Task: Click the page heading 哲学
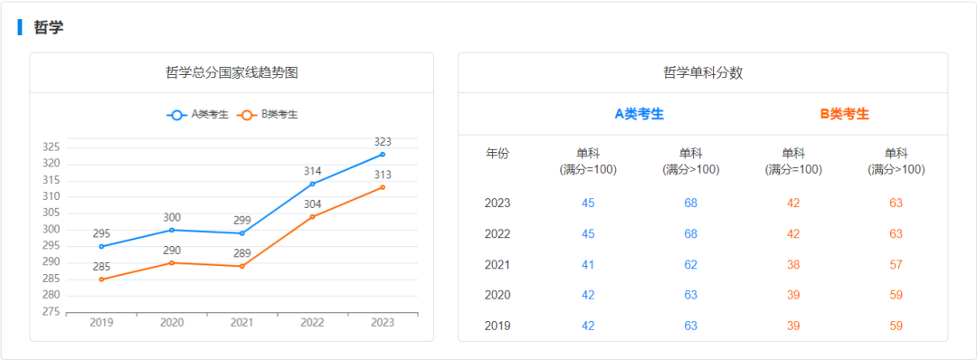click(48, 27)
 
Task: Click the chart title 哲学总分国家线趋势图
click(232, 72)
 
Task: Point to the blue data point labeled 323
click(383, 154)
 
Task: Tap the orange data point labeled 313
click(383, 187)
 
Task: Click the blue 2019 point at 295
click(101, 246)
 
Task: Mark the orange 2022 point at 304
click(312, 217)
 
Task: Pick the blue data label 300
click(172, 217)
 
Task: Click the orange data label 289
click(242, 253)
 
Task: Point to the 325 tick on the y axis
click(51, 147)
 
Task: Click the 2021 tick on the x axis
click(242, 323)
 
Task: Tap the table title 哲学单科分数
click(703, 72)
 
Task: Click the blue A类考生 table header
click(640, 114)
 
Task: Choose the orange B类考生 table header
click(844, 114)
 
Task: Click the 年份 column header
click(498, 153)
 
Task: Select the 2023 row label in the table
click(498, 203)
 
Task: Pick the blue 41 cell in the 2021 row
click(588, 264)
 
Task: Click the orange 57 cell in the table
click(896, 264)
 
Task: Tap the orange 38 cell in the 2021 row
click(793, 264)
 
